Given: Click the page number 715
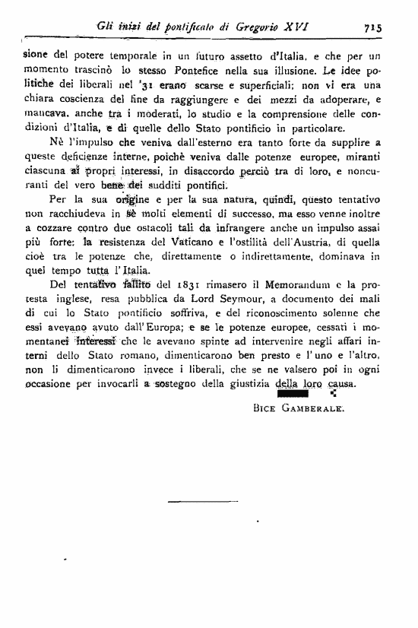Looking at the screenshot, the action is [372, 26].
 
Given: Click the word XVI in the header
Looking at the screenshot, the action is [297, 25].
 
